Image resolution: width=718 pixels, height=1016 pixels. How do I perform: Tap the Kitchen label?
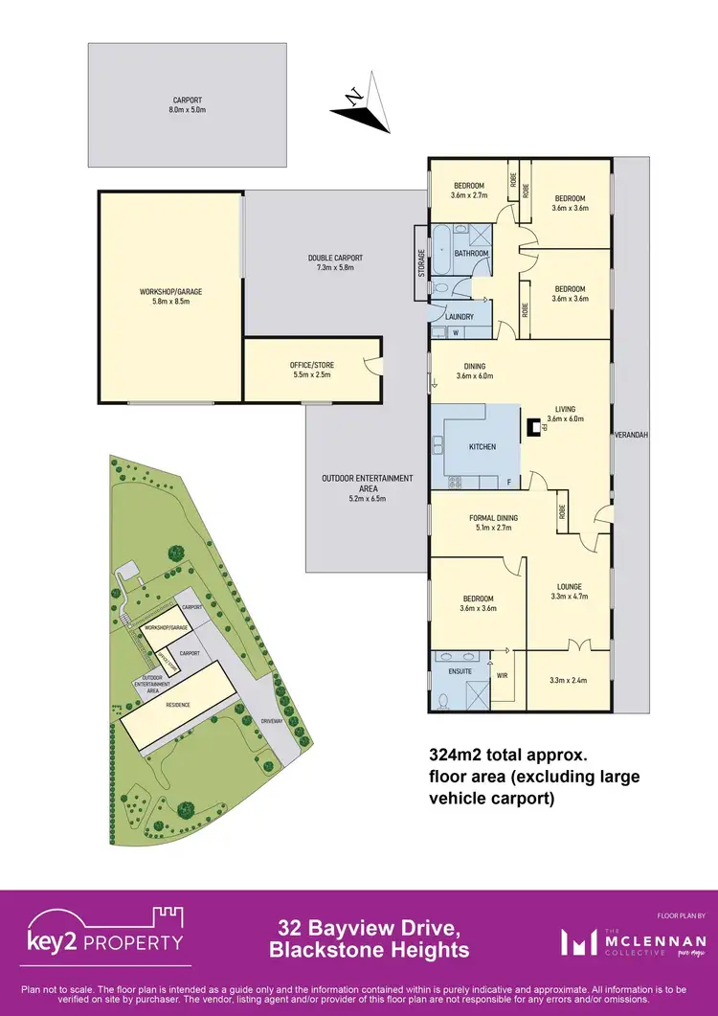coord(482,447)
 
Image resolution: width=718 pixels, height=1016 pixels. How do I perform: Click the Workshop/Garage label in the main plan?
coord(170,291)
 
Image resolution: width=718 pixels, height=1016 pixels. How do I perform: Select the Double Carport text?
coord(335,258)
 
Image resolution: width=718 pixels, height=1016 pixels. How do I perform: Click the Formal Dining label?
coord(493,518)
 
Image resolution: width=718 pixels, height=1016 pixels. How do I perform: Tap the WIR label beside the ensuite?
coord(503,674)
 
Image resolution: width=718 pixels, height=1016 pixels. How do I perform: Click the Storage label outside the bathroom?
coord(421,263)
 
